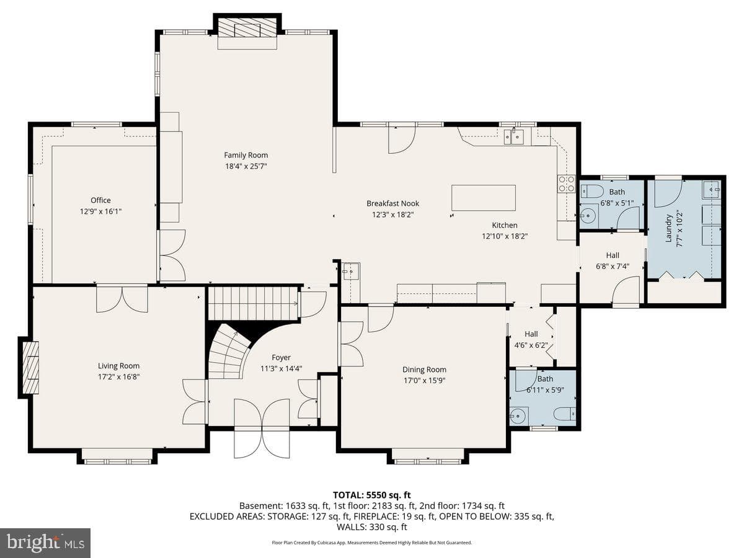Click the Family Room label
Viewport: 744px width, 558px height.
(x=246, y=155)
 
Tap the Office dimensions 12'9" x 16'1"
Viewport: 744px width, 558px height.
(x=100, y=211)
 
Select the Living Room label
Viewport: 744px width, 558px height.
(x=118, y=366)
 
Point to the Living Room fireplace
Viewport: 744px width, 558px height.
(x=30, y=368)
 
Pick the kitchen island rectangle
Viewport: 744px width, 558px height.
(x=484, y=198)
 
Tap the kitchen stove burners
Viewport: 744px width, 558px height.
(x=567, y=184)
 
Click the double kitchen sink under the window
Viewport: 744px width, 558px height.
(x=513, y=137)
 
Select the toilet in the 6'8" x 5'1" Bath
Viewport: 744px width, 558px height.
(x=591, y=192)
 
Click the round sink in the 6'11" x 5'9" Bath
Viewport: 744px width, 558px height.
(x=518, y=415)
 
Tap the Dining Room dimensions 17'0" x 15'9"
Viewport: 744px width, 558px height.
(x=424, y=381)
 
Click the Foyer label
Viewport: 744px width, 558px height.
(x=281, y=358)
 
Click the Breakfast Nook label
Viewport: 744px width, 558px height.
(x=393, y=203)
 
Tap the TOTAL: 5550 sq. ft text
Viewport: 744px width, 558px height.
(x=372, y=495)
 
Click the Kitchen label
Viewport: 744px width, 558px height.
(x=505, y=225)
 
